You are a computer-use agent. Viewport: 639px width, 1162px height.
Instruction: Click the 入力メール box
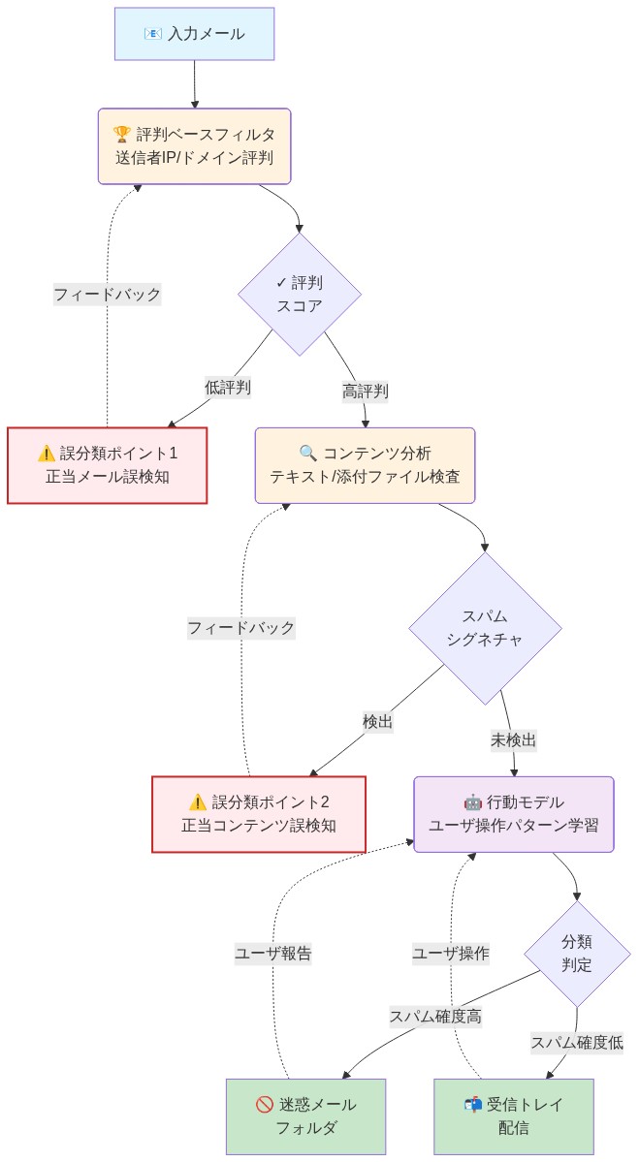point(194,34)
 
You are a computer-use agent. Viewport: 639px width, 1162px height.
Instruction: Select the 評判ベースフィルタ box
point(194,145)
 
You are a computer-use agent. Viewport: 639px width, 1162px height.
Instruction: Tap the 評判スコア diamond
point(300,295)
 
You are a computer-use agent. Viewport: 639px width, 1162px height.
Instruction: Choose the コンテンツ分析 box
point(366,465)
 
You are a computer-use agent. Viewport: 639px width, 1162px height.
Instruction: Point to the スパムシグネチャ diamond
point(485,628)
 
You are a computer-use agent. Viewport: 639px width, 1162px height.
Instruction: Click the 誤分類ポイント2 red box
point(259,814)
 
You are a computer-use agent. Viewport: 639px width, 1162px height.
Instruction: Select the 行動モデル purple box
point(514,814)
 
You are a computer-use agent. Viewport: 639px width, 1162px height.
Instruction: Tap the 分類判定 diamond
point(577,954)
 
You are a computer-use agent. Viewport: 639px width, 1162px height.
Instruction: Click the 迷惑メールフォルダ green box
point(305,1116)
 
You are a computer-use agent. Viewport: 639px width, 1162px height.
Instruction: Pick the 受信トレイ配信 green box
point(514,1116)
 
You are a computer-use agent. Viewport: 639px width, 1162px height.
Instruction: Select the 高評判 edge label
point(366,392)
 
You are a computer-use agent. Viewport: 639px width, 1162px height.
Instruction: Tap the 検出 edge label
point(378,722)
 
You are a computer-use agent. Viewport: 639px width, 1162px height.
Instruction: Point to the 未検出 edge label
point(514,740)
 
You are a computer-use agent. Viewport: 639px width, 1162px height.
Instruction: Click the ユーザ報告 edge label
point(273,954)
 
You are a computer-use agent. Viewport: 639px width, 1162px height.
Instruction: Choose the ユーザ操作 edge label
point(451,954)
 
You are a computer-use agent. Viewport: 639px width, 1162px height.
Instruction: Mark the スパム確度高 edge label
point(435,1017)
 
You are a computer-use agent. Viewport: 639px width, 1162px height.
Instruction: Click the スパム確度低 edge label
point(577,1043)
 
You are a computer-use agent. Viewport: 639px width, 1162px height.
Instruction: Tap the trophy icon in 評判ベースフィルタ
point(122,135)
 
